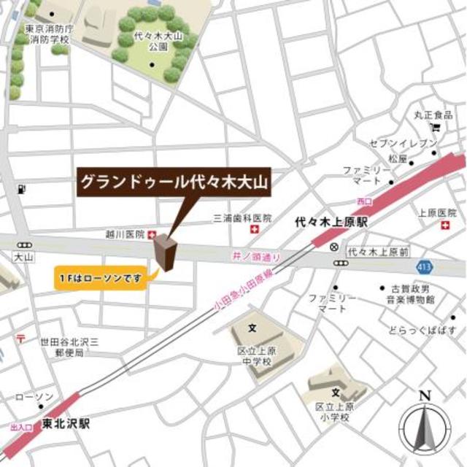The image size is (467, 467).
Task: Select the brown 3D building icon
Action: (x=164, y=253)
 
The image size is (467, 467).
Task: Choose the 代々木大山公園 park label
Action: (x=152, y=40)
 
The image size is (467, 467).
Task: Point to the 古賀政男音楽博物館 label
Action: (x=411, y=294)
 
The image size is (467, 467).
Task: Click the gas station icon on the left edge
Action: (x=21, y=189)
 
